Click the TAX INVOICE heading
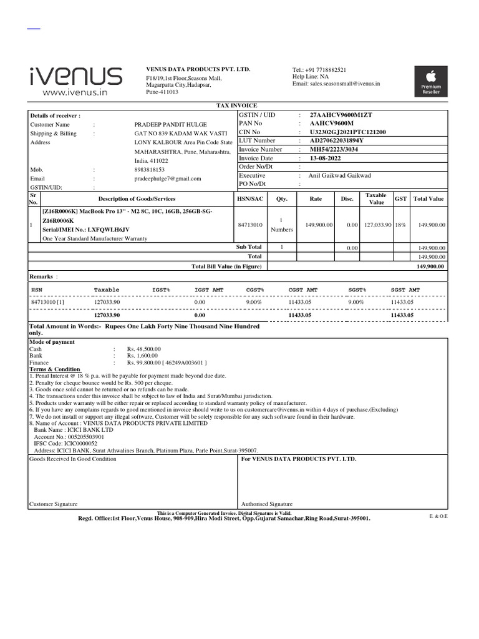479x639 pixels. click(236, 106)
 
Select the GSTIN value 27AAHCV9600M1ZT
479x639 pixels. click(341, 115)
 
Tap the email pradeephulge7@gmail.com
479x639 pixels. click(168, 178)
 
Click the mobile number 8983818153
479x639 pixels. click(150, 169)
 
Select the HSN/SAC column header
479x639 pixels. click(250, 198)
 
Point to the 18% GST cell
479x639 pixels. click(399, 225)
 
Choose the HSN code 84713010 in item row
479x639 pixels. click(250, 225)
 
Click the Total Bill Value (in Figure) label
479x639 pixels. click(227, 266)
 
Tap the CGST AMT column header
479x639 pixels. click(303, 290)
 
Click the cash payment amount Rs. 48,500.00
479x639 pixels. click(144, 349)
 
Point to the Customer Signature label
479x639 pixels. click(53, 504)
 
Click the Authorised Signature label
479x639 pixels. click(266, 504)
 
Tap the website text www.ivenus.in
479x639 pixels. click(75, 92)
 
